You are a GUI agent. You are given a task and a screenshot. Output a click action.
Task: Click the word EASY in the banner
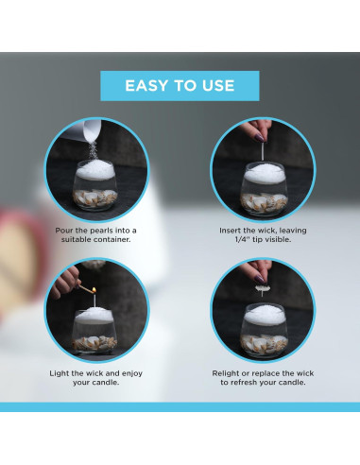(x=146, y=86)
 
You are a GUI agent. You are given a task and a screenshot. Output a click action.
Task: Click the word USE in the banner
(x=218, y=86)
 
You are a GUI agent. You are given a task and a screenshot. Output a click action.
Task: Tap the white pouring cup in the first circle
(x=92, y=129)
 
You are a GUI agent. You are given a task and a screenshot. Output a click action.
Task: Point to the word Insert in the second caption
(x=231, y=231)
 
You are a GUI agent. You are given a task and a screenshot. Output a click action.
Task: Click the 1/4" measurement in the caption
(x=242, y=239)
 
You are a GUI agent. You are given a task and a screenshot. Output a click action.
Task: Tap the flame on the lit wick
(x=94, y=290)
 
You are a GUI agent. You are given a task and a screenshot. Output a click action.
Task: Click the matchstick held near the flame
(x=84, y=288)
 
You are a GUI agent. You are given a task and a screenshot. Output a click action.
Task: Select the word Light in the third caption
(x=60, y=373)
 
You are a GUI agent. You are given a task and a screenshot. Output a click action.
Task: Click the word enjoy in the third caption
(x=132, y=373)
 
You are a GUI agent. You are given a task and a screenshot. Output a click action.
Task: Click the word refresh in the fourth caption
(x=244, y=383)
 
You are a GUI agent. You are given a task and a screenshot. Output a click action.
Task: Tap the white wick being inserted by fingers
(x=262, y=153)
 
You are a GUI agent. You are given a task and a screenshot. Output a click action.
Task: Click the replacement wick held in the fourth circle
(x=262, y=289)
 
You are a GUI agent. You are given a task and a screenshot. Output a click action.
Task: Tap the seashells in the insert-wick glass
(x=264, y=202)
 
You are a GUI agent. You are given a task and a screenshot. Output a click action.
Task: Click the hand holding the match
(x=65, y=282)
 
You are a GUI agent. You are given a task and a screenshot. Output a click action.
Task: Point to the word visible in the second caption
(x=279, y=239)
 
